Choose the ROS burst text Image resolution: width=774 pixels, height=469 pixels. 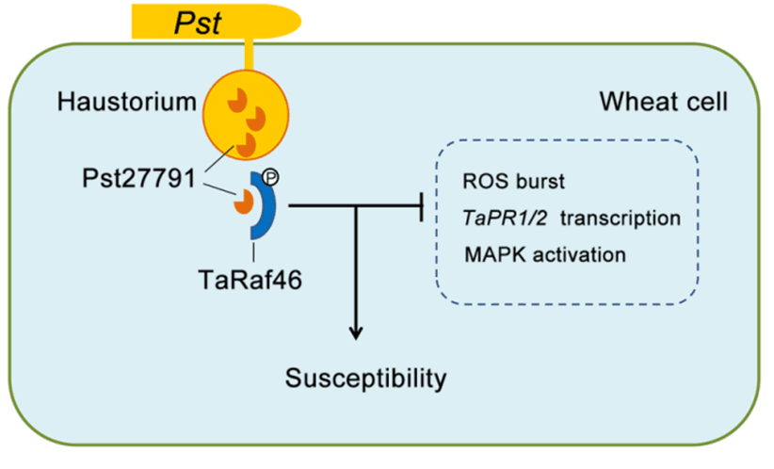click(513, 181)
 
